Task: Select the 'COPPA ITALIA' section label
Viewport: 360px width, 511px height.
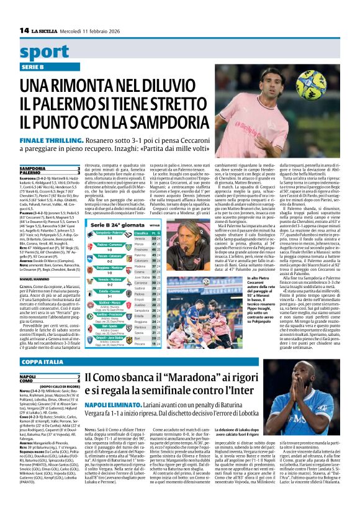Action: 42,361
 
